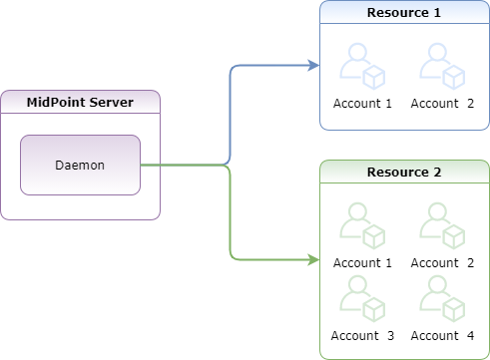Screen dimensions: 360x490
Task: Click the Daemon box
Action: point(81,165)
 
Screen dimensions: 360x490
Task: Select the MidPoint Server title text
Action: point(80,103)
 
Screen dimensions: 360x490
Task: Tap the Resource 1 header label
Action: point(404,13)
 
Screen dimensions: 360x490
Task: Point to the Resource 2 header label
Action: point(404,172)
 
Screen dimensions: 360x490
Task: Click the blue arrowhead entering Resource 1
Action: point(313,66)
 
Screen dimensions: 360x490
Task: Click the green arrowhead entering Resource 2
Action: point(313,260)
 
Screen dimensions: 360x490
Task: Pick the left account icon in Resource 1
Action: point(362,66)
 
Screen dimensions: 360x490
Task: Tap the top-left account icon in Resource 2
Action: point(362,224)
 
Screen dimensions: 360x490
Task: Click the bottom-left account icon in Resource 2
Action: point(362,296)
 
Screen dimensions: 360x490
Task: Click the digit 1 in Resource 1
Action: point(436,13)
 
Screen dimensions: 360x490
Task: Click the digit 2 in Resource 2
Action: point(436,172)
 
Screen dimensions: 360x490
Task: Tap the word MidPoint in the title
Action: point(59,103)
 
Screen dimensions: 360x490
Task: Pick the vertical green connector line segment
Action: point(231,214)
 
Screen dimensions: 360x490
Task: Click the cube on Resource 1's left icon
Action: point(373,78)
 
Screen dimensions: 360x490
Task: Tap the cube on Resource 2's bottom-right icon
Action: point(453,308)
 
